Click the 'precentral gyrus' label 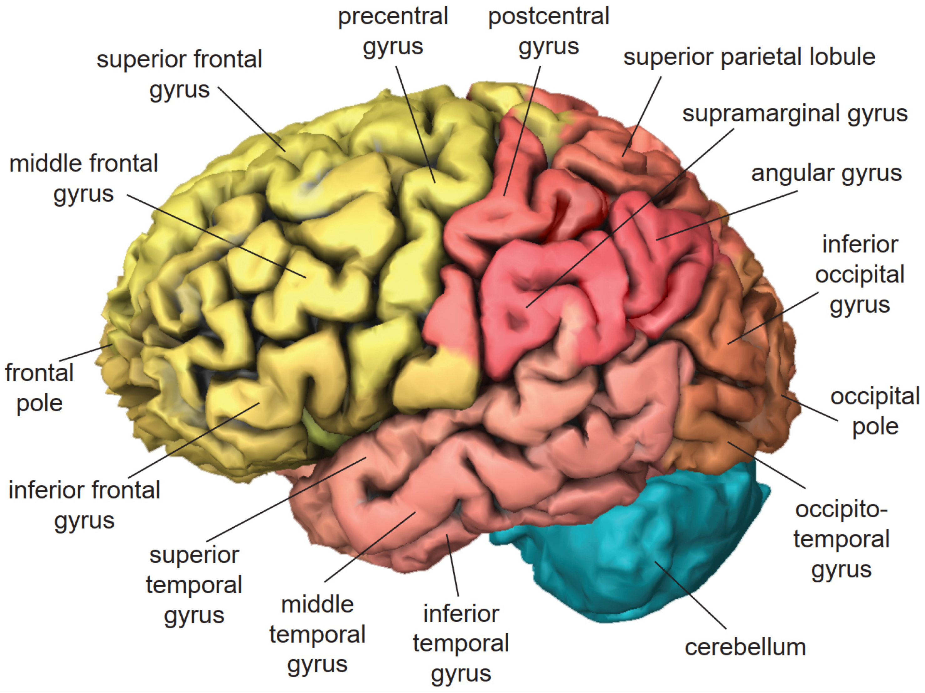click(393, 31)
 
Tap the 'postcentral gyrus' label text click(548, 31)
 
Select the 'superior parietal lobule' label click(749, 57)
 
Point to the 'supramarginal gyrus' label click(795, 114)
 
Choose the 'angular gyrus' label click(826, 173)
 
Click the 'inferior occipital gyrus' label click(860, 275)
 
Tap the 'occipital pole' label click(875, 412)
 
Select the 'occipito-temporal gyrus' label click(841, 540)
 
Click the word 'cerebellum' click(745, 647)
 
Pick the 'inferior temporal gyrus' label click(461, 644)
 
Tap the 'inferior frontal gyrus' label click(84, 505)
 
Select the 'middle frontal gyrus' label click(84, 178)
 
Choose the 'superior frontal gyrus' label click(179, 74)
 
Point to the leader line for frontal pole click(86, 353)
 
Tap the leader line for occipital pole click(809, 408)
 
